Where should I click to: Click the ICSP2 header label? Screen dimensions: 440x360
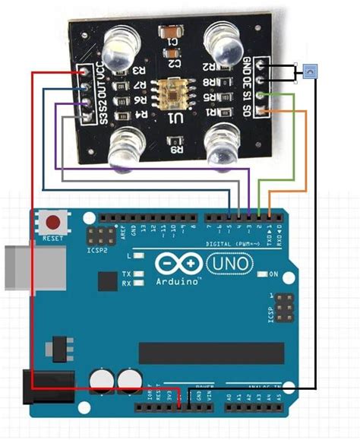tap(96, 248)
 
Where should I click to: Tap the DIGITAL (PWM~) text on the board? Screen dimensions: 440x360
tap(232, 245)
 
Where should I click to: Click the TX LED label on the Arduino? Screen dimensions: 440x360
tap(127, 274)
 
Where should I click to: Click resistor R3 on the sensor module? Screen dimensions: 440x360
tap(139, 71)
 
